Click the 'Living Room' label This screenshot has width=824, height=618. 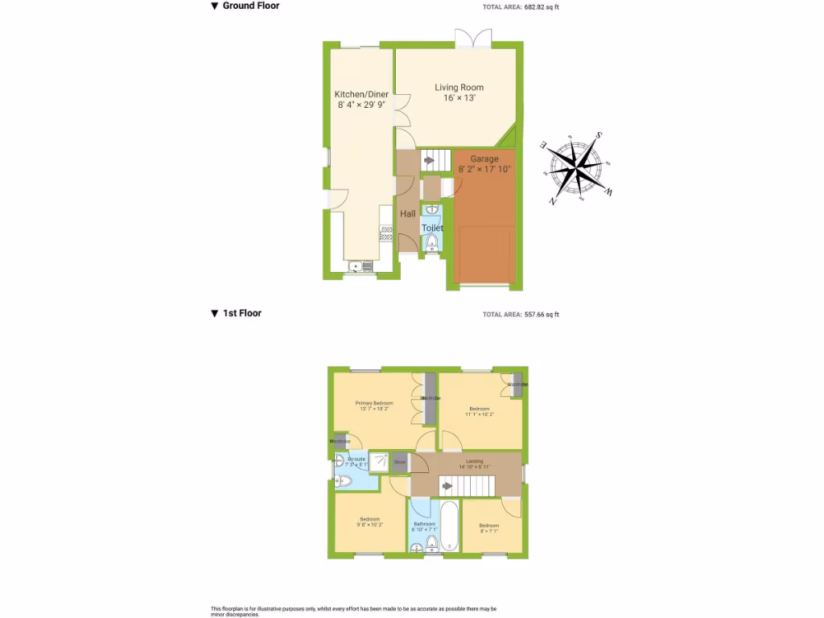[459, 87]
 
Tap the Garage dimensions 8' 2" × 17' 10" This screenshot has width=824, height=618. [484, 170]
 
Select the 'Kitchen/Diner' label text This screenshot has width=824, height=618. [361, 94]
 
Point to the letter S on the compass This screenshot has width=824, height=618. [599, 136]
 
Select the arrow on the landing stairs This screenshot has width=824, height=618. [447, 485]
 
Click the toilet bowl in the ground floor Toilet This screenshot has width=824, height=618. [431, 242]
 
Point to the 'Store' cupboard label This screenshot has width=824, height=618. [400, 462]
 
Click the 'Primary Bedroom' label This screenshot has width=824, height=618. [375, 402]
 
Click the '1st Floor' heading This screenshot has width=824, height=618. [241, 313]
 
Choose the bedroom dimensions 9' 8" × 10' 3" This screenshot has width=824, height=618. [370, 525]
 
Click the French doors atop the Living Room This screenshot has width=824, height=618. [472, 38]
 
